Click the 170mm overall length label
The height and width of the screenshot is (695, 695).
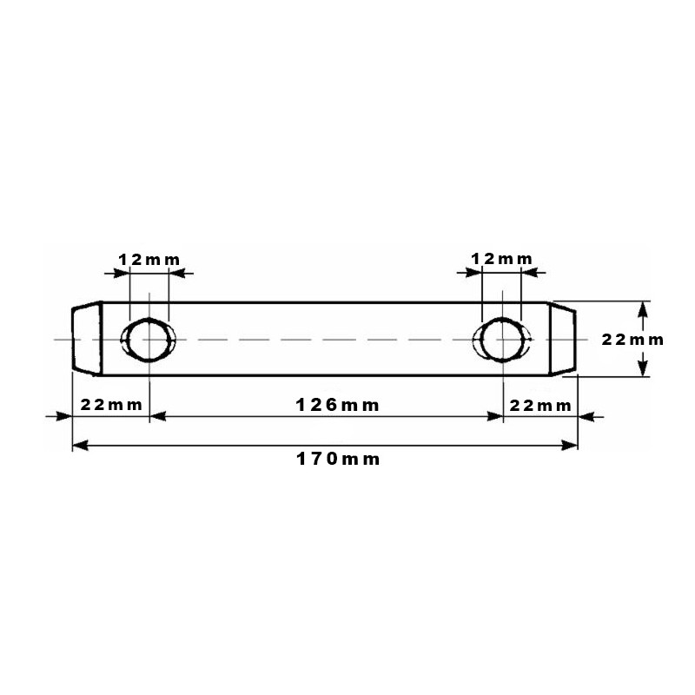(338, 460)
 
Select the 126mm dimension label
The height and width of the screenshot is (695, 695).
(337, 405)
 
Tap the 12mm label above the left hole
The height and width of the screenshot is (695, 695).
(149, 259)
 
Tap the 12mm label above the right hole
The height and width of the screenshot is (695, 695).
(501, 258)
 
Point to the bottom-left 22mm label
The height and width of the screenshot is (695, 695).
(111, 405)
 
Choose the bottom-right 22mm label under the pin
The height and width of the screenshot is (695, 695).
(540, 406)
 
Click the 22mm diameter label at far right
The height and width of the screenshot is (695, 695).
(632, 340)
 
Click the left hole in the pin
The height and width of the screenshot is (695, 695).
(149, 340)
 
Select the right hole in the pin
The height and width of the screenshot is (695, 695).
(502, 340)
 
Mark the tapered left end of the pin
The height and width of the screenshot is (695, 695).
(88, 339)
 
